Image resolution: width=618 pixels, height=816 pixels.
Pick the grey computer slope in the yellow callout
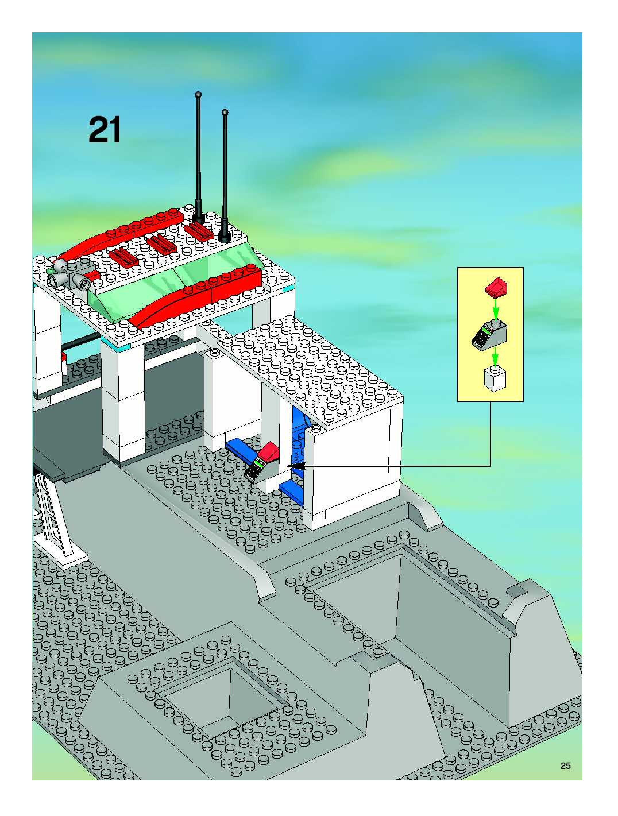click(x=490, y=334)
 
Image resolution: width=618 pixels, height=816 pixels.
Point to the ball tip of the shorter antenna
click(x=225, y=111)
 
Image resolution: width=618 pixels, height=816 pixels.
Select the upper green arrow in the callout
click(x=496, y=308)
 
